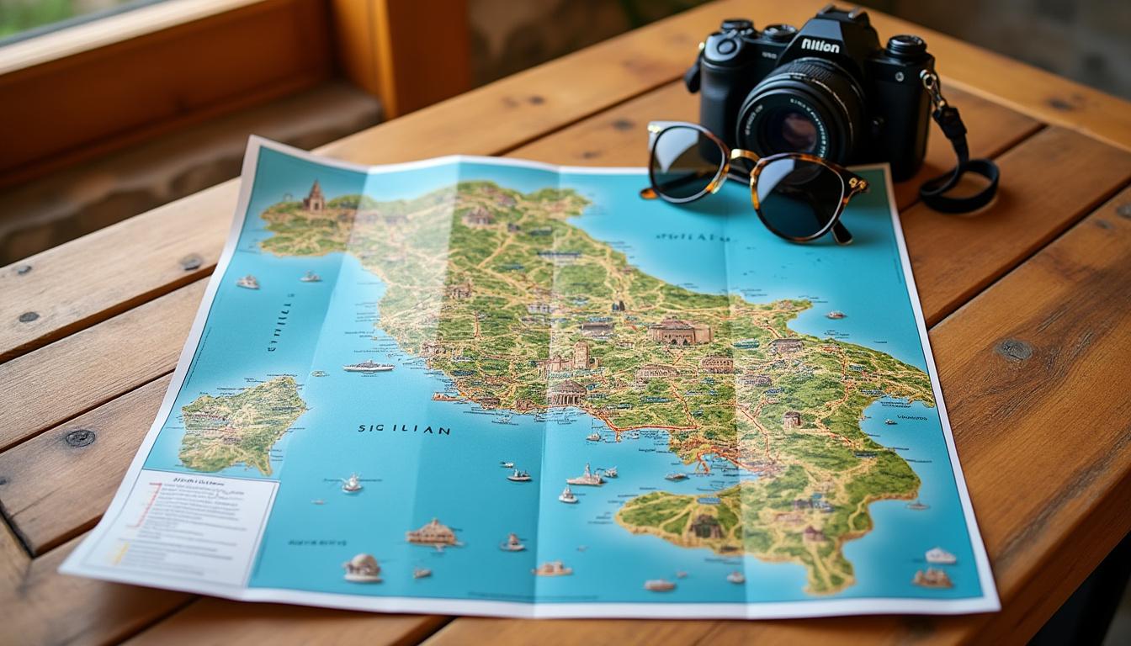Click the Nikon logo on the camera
coord(820,45)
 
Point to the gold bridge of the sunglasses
coord(742,156)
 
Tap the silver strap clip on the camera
coord(930,82)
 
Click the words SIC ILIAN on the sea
coord(403,429)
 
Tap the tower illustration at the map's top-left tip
coord(315,197)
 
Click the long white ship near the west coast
coord(369,366)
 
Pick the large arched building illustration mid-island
coord(678,332)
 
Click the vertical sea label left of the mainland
coord(280,322)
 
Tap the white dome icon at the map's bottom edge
coord(363,568)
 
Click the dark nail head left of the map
coord(80,437)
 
